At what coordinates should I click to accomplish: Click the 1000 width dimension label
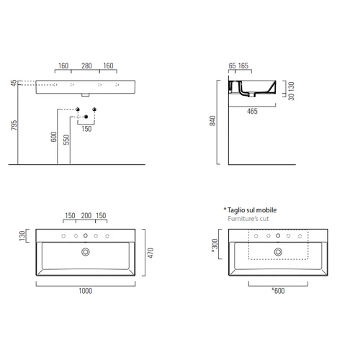(x=86, y=291)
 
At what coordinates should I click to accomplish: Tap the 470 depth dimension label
(x=150, y=253)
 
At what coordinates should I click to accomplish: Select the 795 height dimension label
(x=14, y=125)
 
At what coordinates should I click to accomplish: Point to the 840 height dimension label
(x=212, y=121)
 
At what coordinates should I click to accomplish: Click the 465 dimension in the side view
(x=252, y=112)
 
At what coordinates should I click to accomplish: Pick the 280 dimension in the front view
(x=86, y=66)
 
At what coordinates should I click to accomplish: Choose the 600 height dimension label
(x=53, y=137)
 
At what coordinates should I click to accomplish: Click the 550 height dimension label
(x=66, y=140)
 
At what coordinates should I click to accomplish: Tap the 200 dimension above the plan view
(x=86, y=215)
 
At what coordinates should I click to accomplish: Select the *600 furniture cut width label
(x=278, y=291)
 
